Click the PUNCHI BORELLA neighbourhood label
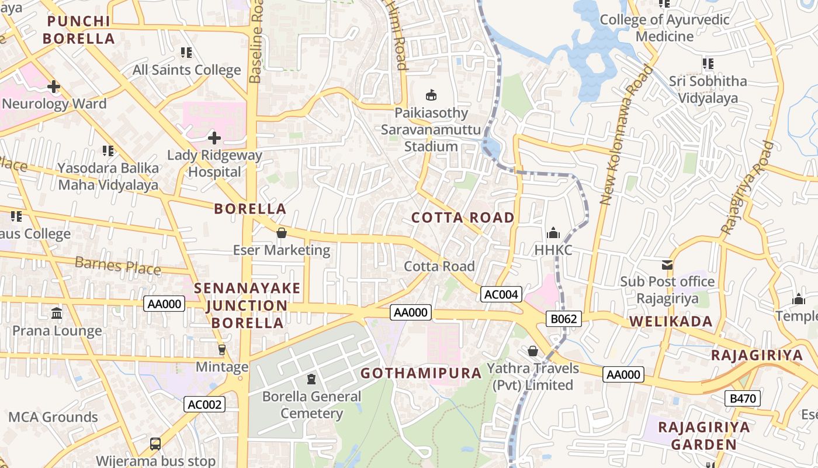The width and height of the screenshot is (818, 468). click(81, 30)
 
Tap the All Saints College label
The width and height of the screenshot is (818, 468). click(186, 70)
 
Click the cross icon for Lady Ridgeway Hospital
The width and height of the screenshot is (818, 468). click(214, 138)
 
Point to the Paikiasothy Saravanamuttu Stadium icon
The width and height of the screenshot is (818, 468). click(431, 95)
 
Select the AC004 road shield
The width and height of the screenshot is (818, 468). click(501, 294)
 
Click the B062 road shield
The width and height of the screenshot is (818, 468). click(564, 319)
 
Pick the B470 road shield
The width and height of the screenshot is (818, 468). click(743, 399)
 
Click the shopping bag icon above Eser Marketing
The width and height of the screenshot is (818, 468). click(282, 233)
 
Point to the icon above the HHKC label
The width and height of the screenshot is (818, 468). click(553, 233)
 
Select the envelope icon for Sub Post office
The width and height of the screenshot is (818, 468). click(667, 265)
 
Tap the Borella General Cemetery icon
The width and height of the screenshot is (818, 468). click(311, 380)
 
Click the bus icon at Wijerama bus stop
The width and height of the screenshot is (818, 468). click(155, 444)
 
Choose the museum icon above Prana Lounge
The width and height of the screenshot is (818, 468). click(57, 314)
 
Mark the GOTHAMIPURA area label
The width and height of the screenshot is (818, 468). click(421, 373)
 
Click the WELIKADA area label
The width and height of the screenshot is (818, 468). click(671, 321)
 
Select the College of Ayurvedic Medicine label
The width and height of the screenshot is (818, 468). click(665, 28)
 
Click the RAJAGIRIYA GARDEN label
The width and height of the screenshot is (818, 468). click(703, 435)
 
